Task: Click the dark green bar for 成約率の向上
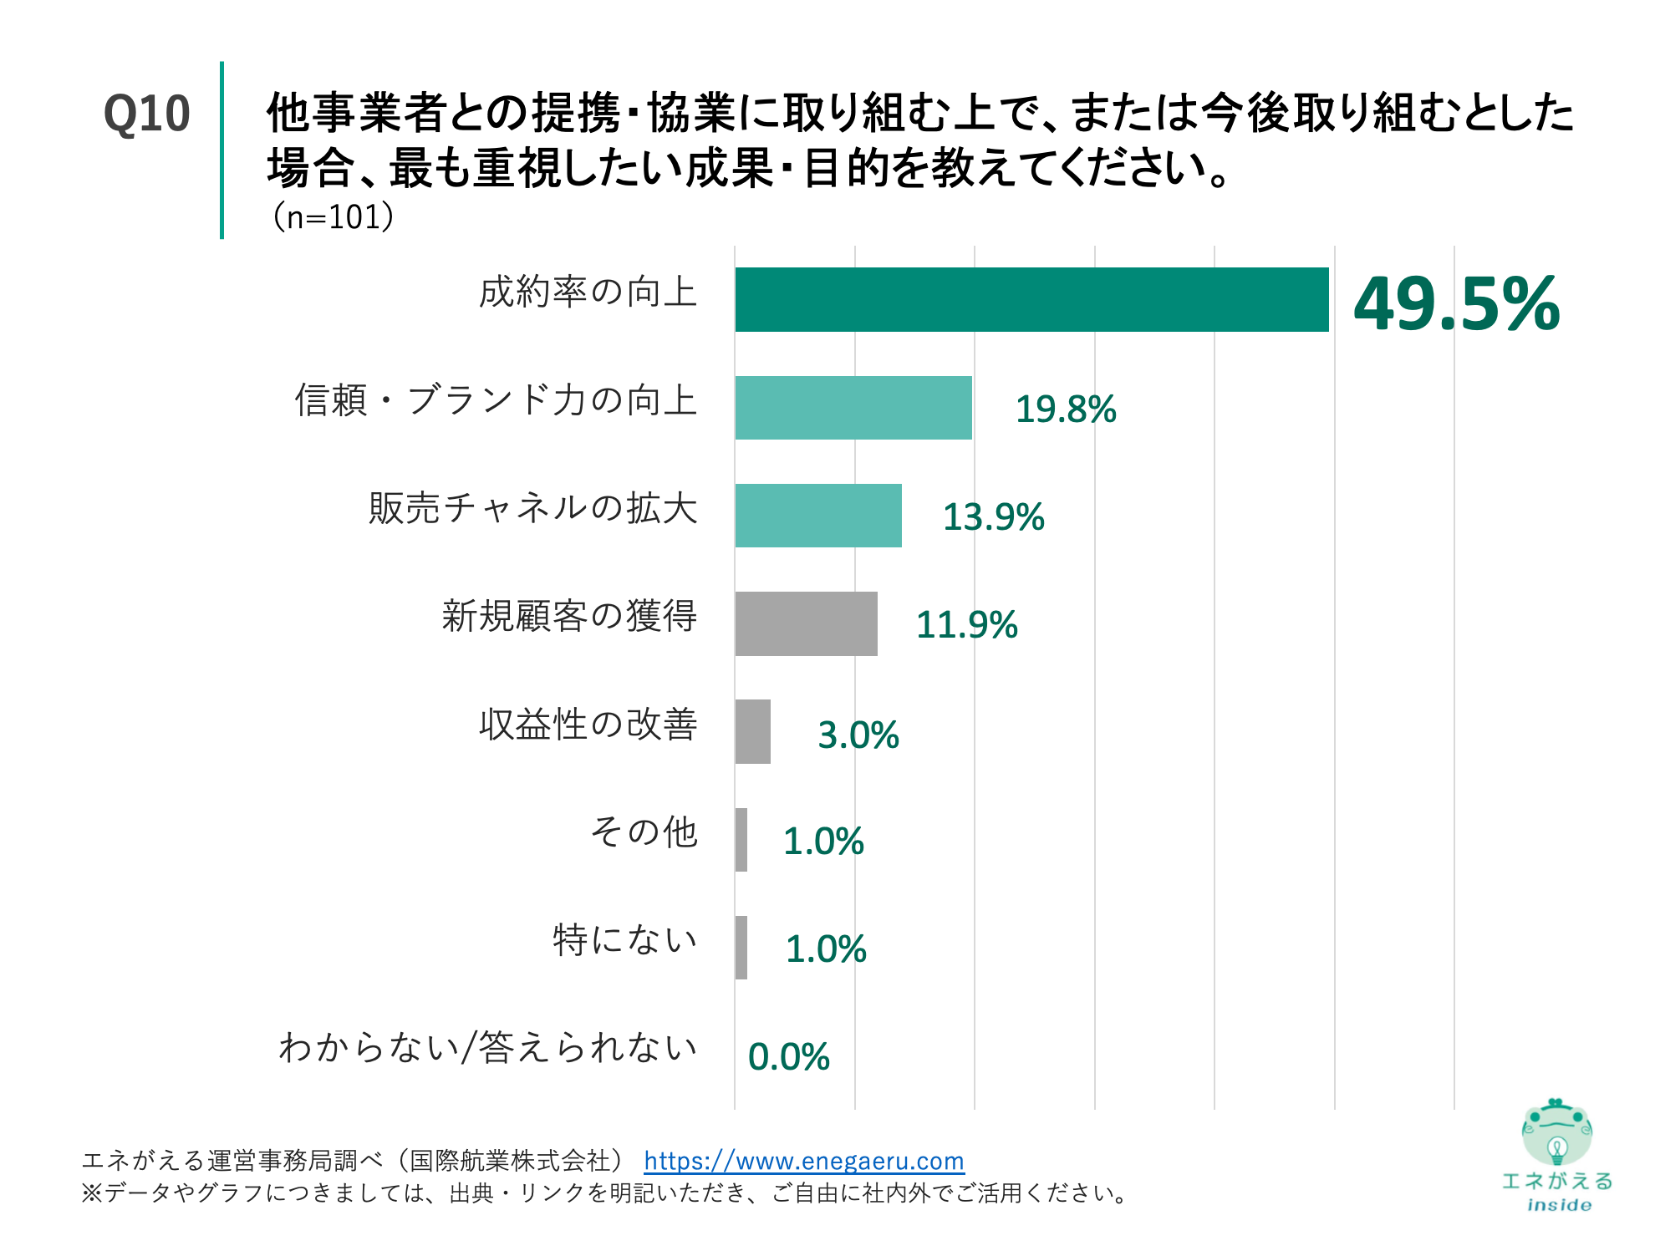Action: click(1031, 299)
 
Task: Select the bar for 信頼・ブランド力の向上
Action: click(853, 408)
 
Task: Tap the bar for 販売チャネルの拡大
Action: click(818, 516)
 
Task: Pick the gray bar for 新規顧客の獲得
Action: click(806, 623)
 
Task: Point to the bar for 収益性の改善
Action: click(752, 731)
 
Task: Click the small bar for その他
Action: click(741, 839)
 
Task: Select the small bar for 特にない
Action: click(741, 947)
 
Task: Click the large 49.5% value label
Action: click(1456, 303)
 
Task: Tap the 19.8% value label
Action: click(1065, 409)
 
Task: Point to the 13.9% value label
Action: click(993, 517)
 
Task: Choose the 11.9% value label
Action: click(966, 625)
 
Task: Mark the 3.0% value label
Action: click(858, 735)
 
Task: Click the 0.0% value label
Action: click(788, 1057)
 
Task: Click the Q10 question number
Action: click(146, 114)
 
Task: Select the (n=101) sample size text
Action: click(332, 217)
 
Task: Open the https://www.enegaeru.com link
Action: click(803, 1161)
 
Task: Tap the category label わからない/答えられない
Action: click(487, 1047)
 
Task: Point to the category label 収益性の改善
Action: click(588, 724)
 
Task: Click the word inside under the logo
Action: click(1559, 1205)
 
